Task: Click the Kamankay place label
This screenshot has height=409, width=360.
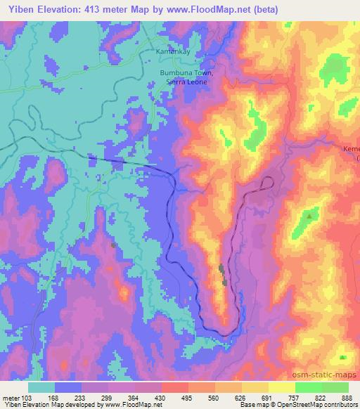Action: tap(173, 52)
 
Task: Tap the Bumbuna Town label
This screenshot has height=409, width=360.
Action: tap(186, 72)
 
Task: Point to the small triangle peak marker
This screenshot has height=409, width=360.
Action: tap(309, 215)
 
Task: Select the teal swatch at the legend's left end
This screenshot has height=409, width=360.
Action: tap(41, 387)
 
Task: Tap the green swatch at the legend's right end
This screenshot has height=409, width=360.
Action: tap(336, 387)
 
